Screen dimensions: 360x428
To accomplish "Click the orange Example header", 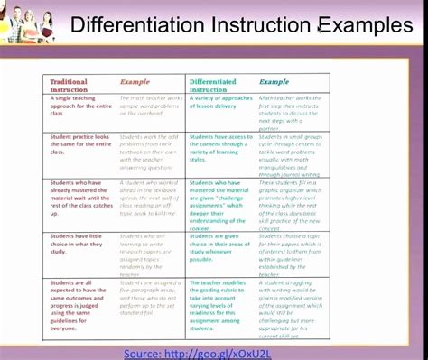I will [x=135, y=82].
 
